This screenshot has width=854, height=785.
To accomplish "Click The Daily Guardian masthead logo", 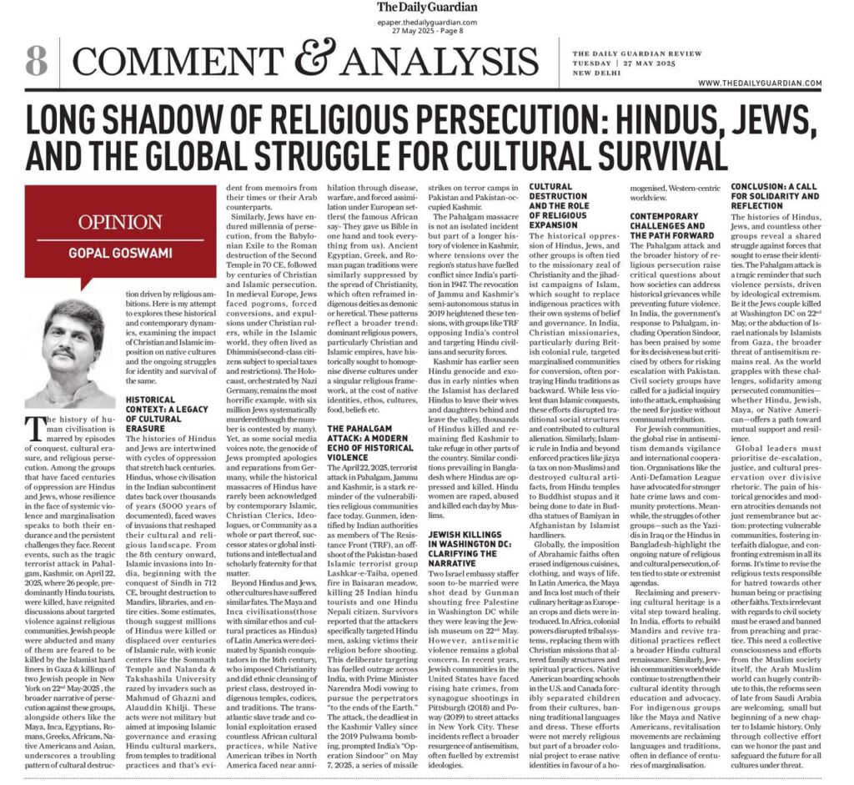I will coord(426,8).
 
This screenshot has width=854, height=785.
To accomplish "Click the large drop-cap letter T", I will coord(37,428).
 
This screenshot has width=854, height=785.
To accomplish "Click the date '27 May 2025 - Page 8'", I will coord(427,32).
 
